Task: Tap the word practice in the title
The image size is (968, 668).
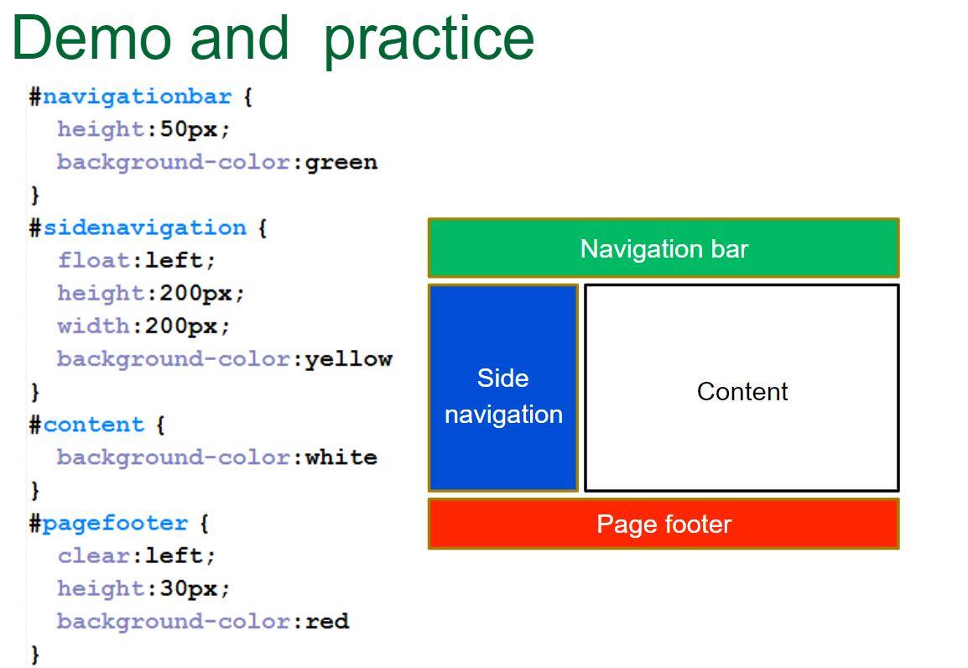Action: pyautogui.click(x=429, y=39)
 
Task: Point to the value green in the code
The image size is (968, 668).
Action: pyautogui.click(x=341, y=162)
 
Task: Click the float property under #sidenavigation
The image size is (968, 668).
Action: pyautogui.click(x=94, y=260)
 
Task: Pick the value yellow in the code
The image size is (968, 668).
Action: pyautogui.click(x=348, y=359)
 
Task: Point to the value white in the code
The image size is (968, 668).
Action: pyautogui.click(x=341, y=457)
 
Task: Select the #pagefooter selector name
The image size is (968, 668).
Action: pyautogui.click(x=115, y=523)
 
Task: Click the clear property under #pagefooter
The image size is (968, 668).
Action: pyautogui.click(x=94, y=556)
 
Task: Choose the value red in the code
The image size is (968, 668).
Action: pyautogui.click(x=326, y=621)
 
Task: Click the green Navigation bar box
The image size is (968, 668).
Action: pyautogui.click(x=664, y=248)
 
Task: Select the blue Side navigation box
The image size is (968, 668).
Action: pyautogui.click(x=503, y=388)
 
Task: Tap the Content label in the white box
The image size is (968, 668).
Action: pyautogui.click(x=742, y=392)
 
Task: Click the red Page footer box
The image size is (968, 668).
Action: pyautogui.click(x=664, y=524)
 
